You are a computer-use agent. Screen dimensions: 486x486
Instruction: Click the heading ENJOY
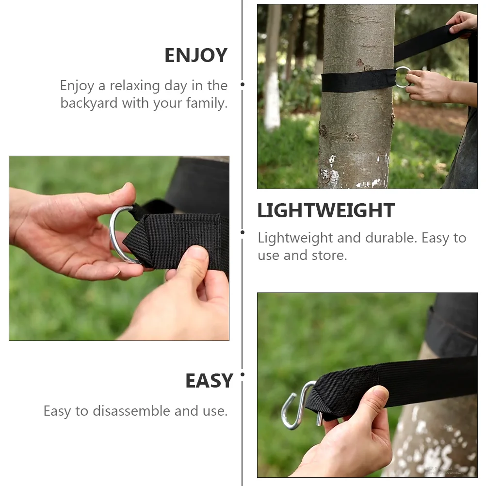click(195, 55)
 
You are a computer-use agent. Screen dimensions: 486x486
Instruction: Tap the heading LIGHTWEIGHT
click(325, 211)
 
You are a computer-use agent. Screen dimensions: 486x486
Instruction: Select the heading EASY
click(209, 381)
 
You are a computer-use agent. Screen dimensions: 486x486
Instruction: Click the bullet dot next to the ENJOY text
click(243, 84)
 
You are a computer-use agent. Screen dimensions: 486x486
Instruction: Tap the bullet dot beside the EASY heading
click(243, 374)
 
